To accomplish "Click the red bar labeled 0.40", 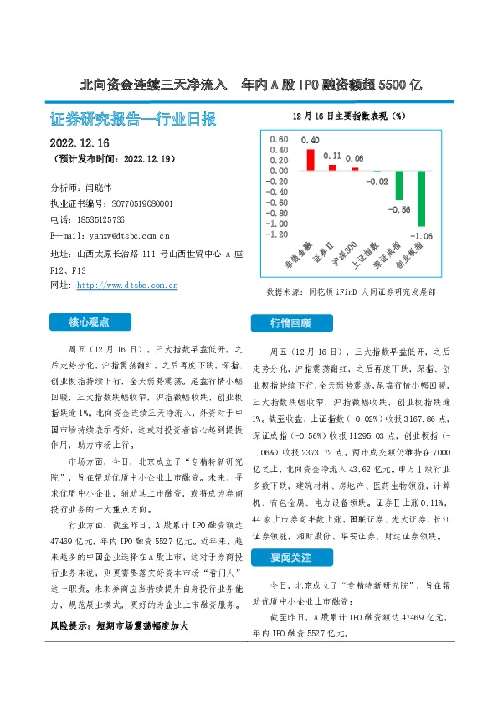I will tap(310, 159).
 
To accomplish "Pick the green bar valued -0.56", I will tap(400, 186).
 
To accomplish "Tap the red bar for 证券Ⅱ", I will tap(332, 167).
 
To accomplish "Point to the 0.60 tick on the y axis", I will tap(278, 138).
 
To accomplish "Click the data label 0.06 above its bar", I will tap(355, 158).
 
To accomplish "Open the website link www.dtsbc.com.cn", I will tap(127, 286).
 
